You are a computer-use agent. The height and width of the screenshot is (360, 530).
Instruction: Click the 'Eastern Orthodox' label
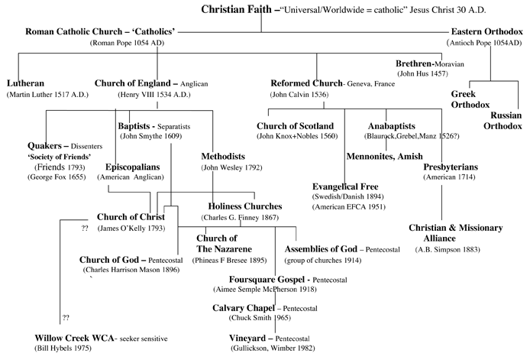point(487,32)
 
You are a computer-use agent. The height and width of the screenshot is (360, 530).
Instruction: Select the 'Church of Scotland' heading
point(296,125)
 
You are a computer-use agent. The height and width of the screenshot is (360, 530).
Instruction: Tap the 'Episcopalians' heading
point(131,166)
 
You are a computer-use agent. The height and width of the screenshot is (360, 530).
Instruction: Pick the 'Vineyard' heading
point(250,337)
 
